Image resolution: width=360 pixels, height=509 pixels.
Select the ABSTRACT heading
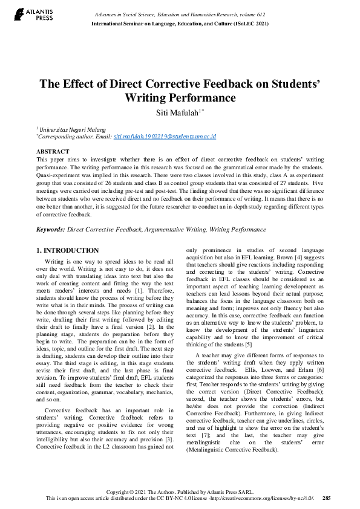53,151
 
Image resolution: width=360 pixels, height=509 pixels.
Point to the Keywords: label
50,230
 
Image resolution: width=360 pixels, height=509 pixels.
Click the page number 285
327,498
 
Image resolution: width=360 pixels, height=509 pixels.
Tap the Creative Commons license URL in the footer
270,498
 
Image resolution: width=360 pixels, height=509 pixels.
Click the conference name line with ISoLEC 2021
180,23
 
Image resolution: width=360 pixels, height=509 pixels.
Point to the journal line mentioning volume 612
180,14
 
